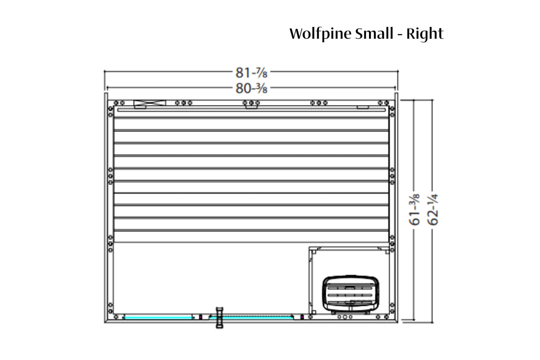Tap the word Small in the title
[x=374, y=33]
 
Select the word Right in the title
[x=425, y=34]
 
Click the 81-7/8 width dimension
[x=252, y=72]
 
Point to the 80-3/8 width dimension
[x=252, y=88]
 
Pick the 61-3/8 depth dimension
[x=414, y=210]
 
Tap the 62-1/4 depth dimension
[x=433, y=210]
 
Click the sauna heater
[x=351, y=294]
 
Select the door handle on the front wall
[x=220, y=317]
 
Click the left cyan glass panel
[x=158, y=318]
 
